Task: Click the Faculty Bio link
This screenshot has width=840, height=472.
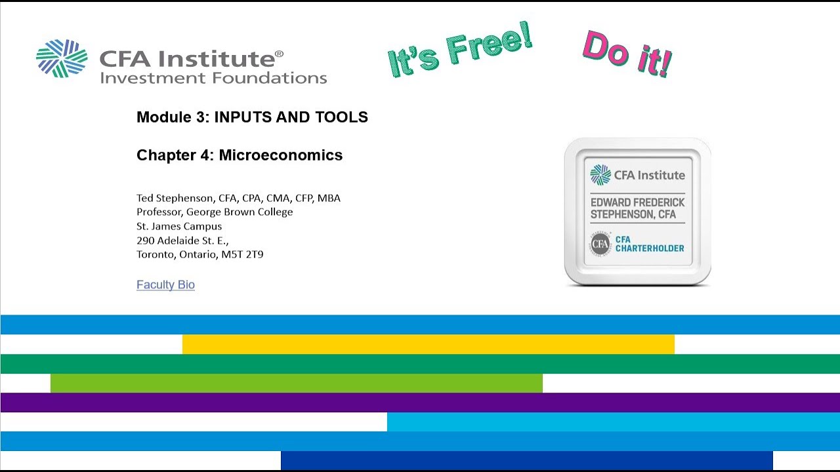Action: pyautogui.click(x=165, y=285)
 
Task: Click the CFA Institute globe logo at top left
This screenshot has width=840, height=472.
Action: pyautogui.click(x=62, y=58)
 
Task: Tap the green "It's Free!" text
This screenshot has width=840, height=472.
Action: pyautogui.click(x=459, y=52)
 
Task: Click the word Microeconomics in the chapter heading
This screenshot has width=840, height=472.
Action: pyautogui.click(x=280, y=155)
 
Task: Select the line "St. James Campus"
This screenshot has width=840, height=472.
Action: pyautogui.click(x=179, y=226)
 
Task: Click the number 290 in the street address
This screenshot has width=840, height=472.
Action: pyautogui.click(x=146, y=241)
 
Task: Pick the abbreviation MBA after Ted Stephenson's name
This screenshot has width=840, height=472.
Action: pyautogui.click(x=329, y=198)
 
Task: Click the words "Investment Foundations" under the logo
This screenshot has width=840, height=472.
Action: pyautogui.click(x=213, y=78)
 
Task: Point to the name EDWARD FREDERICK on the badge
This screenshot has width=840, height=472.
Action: pyautogui.click(x=637, y=203)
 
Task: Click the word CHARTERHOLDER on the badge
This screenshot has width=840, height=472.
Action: pyautogui.click(x=650, y=248)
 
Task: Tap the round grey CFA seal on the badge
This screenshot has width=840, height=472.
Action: pyautogui.click(x=600, y=245)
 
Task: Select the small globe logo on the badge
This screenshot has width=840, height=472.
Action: pyautogui.click(x=600, y=175)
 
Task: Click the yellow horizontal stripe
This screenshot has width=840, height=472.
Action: pyautogui.click(x=428, y=344)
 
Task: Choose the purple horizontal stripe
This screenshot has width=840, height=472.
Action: pyautogui.click(x=420, y=403)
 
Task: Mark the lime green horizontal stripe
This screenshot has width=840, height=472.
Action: pyautogui.click(x=296, y=383)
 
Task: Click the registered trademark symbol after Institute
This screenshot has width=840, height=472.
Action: pyautogui.click(x=279, y=54)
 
